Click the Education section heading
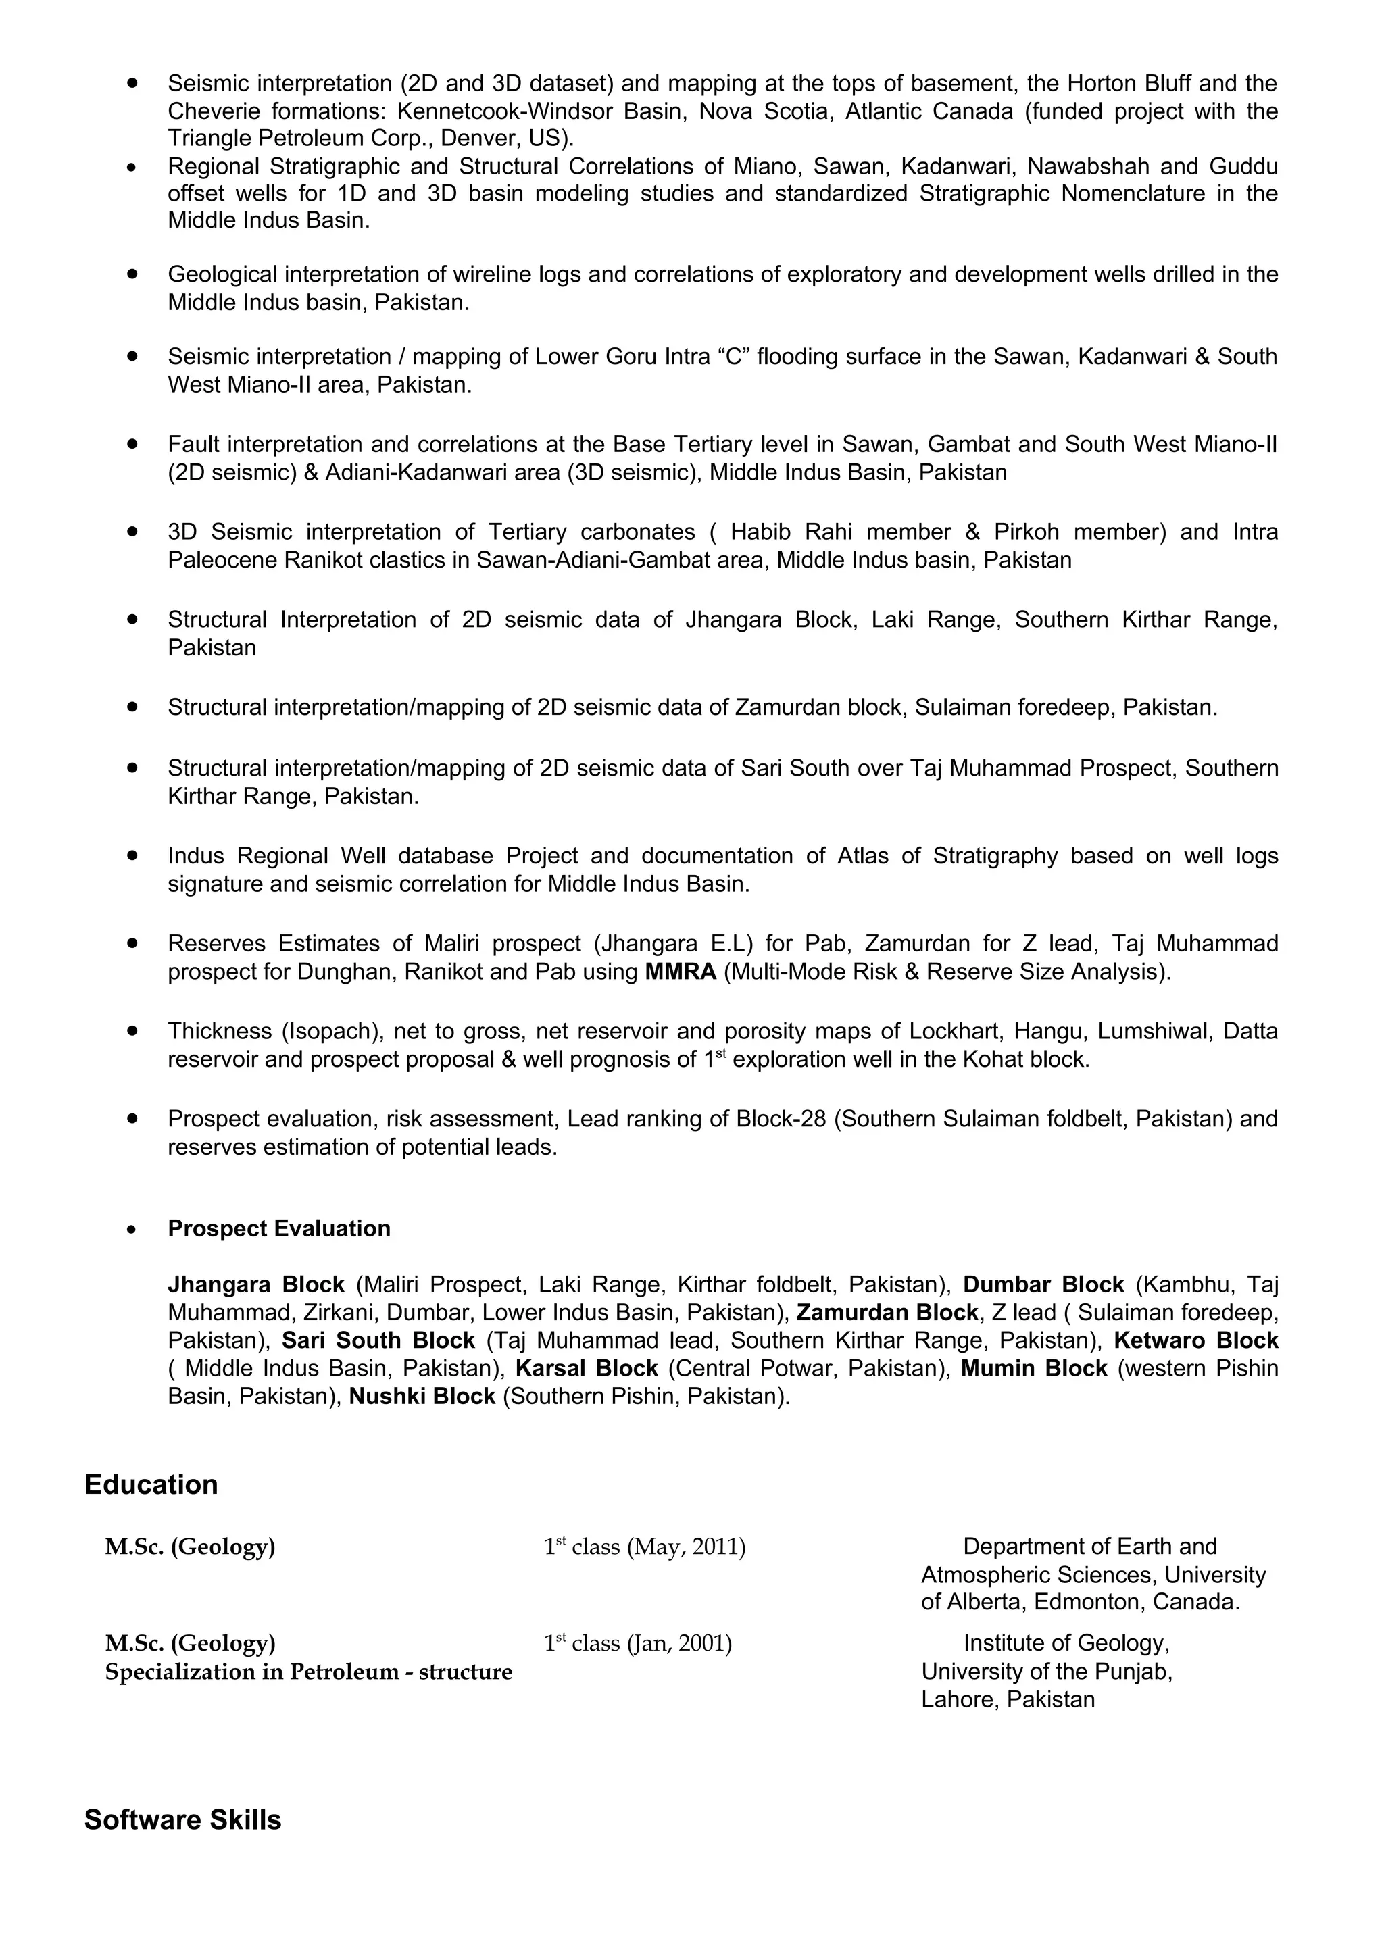[151, 1484]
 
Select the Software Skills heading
[182, 1820]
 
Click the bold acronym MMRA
[681, 972]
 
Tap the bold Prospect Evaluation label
[279, 1228]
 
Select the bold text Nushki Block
[422, 1396]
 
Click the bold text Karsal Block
[587, 1368]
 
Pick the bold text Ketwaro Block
[1195, 1340]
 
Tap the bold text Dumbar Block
[1044, 1284]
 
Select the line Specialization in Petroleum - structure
[309, 1672]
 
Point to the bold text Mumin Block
[1033, 1368]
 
